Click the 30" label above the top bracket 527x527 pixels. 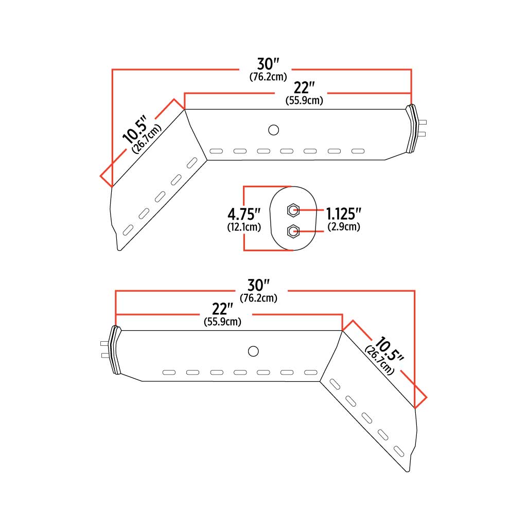tap(268, 64)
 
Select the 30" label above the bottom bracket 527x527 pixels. tap(259, 286)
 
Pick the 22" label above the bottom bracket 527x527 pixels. tap(222, 309)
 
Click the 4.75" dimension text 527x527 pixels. tap(243, 214)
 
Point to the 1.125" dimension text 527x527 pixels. tap(343, 214)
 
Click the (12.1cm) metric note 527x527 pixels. tap(243, 226)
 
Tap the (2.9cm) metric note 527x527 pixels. tap(343, 226)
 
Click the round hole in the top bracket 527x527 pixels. tap(273, 130)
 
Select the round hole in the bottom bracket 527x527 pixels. tap(253, 350)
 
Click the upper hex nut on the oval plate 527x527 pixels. tap(293, 210)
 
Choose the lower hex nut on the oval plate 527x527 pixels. tap(293, 231)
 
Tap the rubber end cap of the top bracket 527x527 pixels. tap(412, 130)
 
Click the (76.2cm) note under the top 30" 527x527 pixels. tap(268, 77)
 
